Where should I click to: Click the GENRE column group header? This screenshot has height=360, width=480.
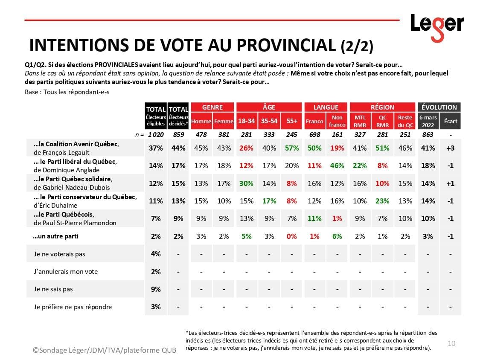[212, 107]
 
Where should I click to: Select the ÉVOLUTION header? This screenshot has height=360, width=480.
[439, 107]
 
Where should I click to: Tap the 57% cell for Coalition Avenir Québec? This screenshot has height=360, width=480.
[292, 148]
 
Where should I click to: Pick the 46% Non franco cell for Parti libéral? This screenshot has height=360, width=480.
[337, 166]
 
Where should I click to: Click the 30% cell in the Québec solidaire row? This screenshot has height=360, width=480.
[246, 183]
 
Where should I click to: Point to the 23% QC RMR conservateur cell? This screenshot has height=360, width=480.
[382, 201]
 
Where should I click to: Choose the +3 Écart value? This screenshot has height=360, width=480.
[450, 148]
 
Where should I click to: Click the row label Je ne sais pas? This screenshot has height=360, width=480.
[53, 289]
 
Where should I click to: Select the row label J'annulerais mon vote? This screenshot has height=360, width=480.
[66, 272]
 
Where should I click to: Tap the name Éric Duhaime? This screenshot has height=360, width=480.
[57, 205]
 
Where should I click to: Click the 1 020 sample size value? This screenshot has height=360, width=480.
[155, 135]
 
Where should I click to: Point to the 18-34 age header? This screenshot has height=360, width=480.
[246, 121]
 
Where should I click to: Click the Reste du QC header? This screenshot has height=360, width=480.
[405, 121]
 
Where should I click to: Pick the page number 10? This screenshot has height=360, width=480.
[451, 343]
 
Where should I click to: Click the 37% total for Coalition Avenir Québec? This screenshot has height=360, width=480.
[156, 148]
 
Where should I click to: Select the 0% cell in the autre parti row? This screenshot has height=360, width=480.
[292, 236]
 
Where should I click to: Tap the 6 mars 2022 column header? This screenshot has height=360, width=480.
[428, 121]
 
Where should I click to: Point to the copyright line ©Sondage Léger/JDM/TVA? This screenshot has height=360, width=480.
[105, 350]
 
